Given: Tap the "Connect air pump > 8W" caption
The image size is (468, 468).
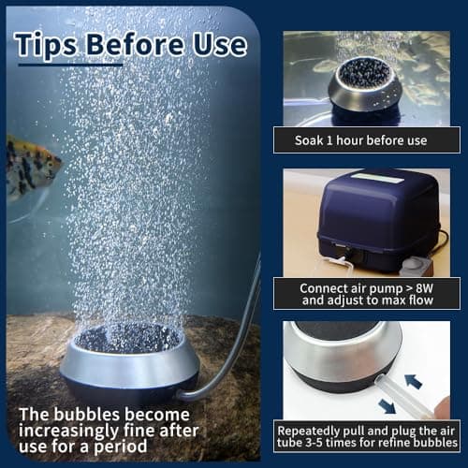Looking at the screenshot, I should click(365, 285).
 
